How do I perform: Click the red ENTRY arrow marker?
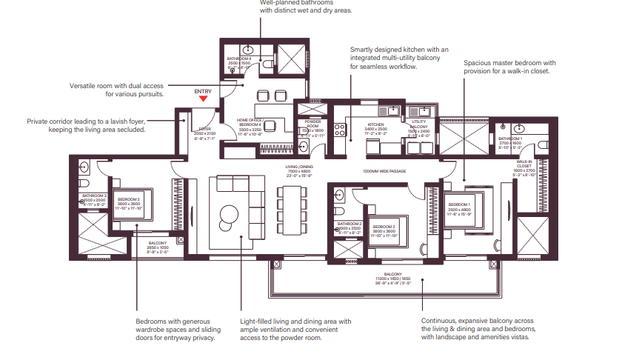tap(204, 99)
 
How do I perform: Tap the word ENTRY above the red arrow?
tap(204, 91)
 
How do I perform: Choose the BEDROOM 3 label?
tap(130, 200)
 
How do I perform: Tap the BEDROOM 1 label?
tap(459, 204)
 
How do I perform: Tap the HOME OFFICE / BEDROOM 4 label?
tap(250, 121)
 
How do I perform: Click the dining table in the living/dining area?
tap(291, 207)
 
